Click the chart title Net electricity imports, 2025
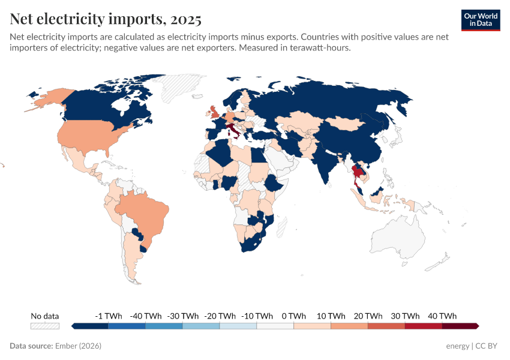(x=106, y=19)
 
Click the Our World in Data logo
(x=481, y=20)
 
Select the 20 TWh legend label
(x=368, y=316)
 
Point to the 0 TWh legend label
(x=293, y=316)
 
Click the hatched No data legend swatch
(x=45, y=326)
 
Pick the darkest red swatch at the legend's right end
(x=460, y=326)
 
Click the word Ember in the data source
(x=65, y=346)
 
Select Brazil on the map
(x=144, y=213)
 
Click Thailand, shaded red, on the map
(x=358, y=174)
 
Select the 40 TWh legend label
(x=442, y=316)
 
